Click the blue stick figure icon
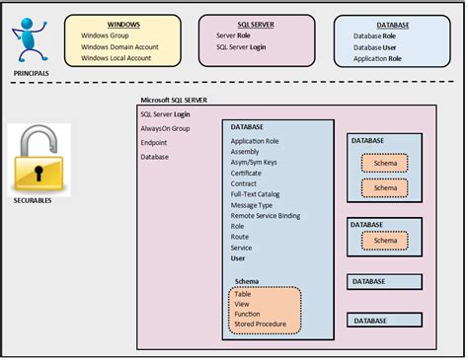point(32,40)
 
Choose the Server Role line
point(227,35)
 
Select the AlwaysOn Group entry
point(165,128)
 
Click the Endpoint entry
point(154,142)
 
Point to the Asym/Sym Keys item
point(254,162)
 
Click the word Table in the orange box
point(244,293)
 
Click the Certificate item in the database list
point(247,173)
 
